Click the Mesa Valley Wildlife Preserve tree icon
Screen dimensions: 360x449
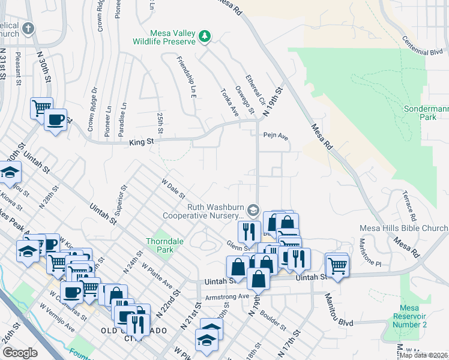coord(205,36)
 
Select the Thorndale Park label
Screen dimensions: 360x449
coord(164,245)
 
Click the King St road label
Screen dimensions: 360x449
coord(142,142)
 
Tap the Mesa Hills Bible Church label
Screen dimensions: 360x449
coord(403,228)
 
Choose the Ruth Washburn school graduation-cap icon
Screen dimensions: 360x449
coord(253,210)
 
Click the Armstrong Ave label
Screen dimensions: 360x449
coord(226,296)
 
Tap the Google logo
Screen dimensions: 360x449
coord(20,353)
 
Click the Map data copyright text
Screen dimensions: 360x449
coord(423,355)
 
